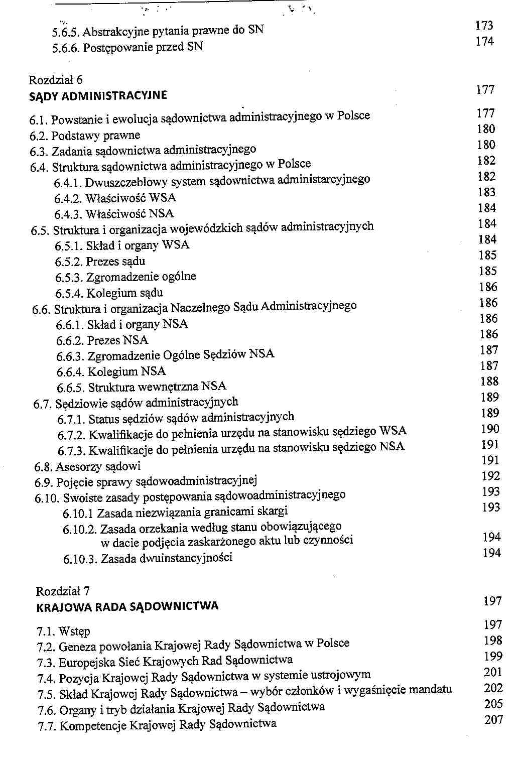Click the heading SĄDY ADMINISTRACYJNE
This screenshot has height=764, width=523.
[x=98, y=96]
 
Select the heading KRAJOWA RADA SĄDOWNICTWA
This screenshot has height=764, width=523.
[x=127, y=606]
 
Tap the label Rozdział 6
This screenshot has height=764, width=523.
[x=56, y=80]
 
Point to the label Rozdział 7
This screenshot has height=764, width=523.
[x=63, y=591]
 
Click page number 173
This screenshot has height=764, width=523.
[x=484, y=26]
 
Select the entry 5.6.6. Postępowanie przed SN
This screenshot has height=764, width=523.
[x=127, y=48]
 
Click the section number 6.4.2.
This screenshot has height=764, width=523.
[x=68, y=199]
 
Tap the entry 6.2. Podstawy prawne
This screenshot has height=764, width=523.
[x=85, y=136]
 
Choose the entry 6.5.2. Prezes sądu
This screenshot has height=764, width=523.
[x=100, y=262]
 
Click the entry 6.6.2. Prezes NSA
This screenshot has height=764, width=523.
[x=102, y=340]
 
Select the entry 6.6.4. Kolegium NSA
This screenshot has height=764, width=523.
[x=111, y=372]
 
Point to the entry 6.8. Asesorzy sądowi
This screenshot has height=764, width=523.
[x=87, y=467]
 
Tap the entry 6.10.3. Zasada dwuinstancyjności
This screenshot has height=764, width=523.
[x=148, y=558]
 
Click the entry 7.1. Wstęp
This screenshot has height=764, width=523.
[x=63, y=631]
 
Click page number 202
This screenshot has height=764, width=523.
[x=493, y=688]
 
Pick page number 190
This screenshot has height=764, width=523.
[x=490, y=429]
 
